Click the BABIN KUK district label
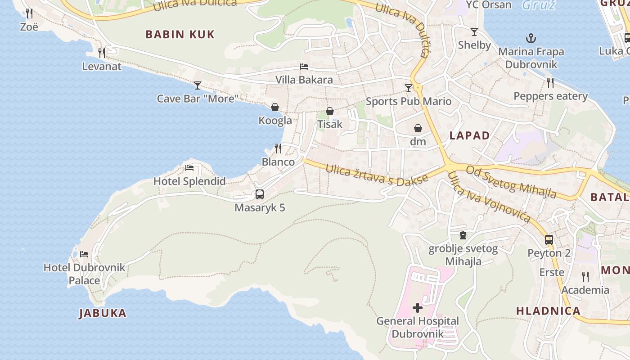coord(180,34)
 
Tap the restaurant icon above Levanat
coord(102,53)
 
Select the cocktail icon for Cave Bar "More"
coord(197,85)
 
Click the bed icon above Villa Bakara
coord(304,67)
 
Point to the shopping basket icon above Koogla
coord(275,107)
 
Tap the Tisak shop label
coord(330,124)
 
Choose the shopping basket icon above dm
coord(418,128)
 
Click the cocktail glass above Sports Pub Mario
coord(408,88)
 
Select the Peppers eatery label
coord(550,96)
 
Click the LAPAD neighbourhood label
coord(470,135)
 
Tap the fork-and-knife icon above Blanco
coord(278,148)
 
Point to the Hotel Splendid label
coord(189,181)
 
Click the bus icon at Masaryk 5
coord(260,194)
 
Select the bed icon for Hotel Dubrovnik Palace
coord(84,254)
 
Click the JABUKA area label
coord(103,313)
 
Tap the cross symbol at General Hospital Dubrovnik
coord(418,308)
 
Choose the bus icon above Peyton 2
coord(549,239)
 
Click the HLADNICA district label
coord(548,311)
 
